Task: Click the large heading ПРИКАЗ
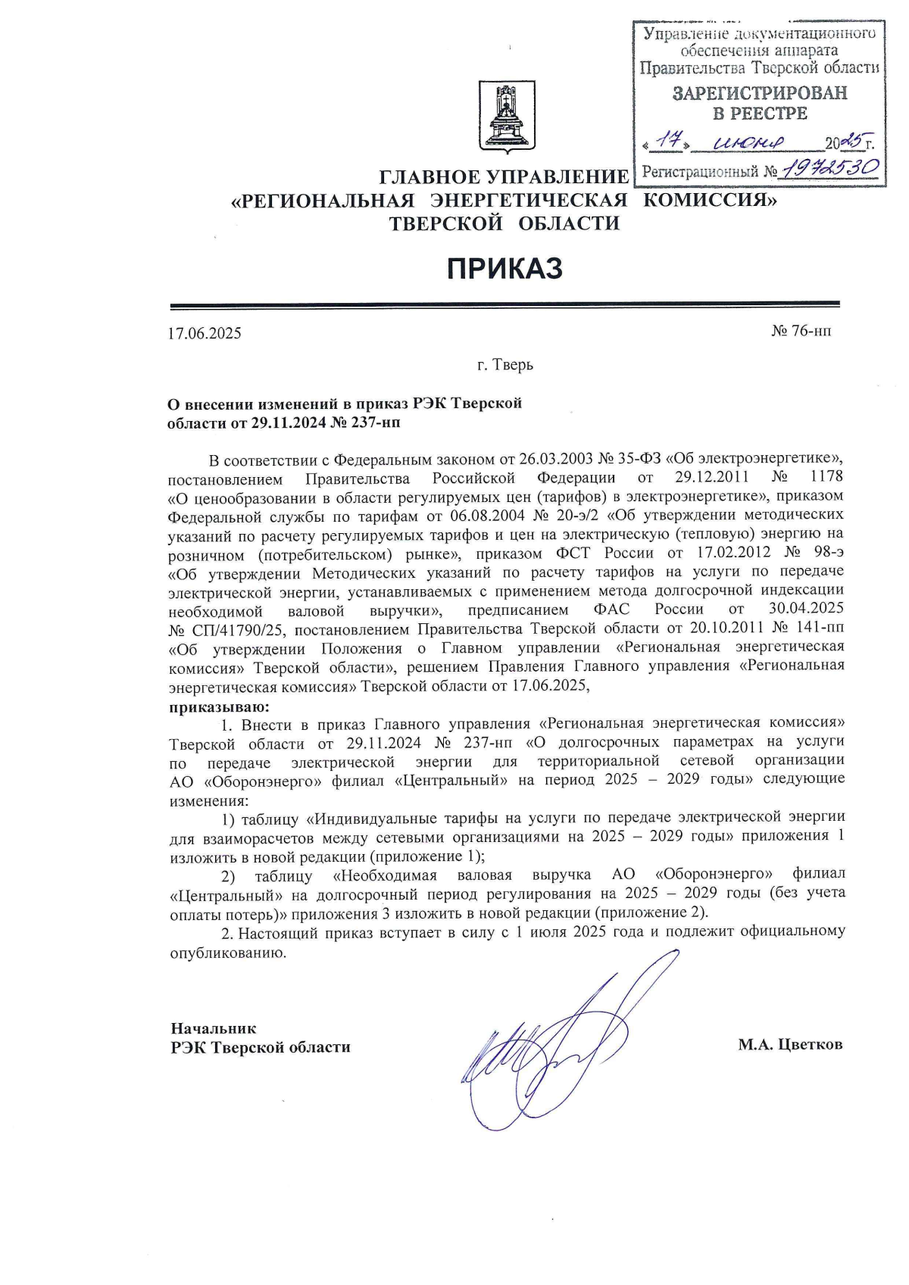504,268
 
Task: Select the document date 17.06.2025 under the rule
205,333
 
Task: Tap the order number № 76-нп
801,331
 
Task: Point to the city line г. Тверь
504,365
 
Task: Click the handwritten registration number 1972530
830,168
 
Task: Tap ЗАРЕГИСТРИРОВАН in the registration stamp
760,93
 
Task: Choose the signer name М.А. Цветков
790,1045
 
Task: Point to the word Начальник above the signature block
214,1028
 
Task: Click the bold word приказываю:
218,708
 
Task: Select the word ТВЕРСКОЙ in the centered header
446,223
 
